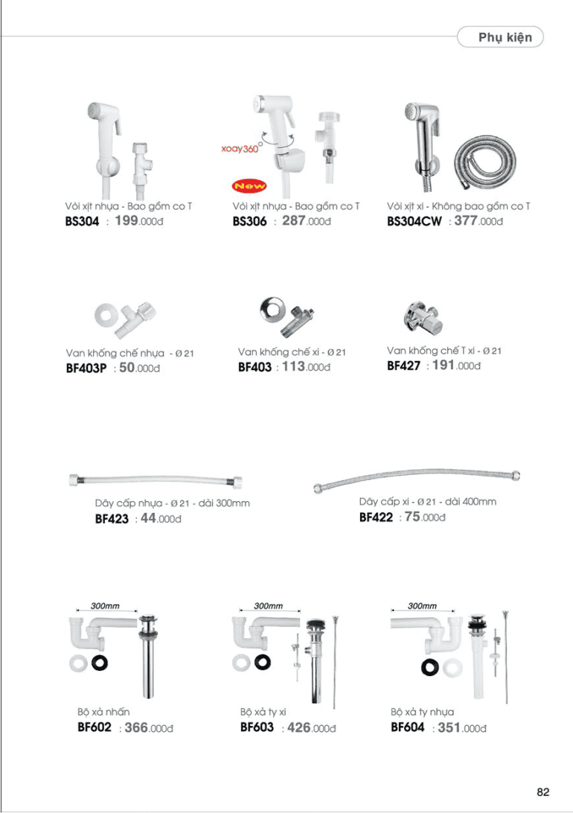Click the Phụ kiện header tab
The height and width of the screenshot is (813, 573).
click(x=500, y=36)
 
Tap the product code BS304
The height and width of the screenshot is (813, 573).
click(x=82, y=221)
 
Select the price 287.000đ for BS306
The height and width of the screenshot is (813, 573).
click(x=306, y=221)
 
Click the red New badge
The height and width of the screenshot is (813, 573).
click(x=249, y=185)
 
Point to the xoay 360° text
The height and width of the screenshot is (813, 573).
click(x=242, y=147)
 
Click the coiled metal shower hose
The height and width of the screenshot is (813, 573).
click(x=485, y=162)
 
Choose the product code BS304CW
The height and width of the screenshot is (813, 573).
click(x=414, y=221)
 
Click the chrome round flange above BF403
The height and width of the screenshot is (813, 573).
click(x=272, y=310)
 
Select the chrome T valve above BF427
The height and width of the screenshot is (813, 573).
click(x=423, y=317)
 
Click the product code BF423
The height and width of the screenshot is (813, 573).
click(x=112, y=519)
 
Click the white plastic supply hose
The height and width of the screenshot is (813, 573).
click(x=156, y=480)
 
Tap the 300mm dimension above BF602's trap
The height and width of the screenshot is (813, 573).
click(x=105, y=605)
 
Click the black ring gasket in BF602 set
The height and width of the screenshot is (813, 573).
click(x=99, y=663)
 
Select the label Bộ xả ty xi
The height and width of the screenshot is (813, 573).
click(x=263, y=712)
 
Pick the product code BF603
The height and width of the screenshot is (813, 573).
click(x=257, y=727)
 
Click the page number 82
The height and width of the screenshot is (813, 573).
click(x=543, y=791)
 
